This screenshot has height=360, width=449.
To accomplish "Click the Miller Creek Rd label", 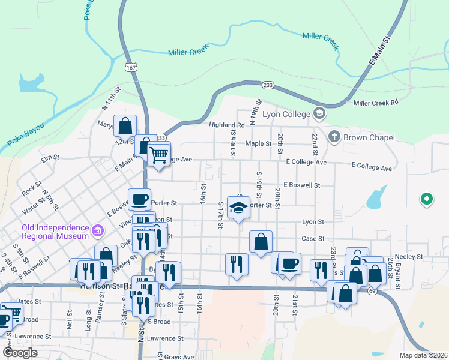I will (376, 103).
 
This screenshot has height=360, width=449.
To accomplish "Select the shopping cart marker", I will (159, 155).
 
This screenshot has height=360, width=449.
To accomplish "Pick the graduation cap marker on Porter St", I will (239, 208).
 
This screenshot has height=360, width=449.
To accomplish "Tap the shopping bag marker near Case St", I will (261, 243).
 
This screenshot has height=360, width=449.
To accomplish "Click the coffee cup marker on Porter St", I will (139, 199).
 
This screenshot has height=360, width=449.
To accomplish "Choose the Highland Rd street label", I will (227, 125).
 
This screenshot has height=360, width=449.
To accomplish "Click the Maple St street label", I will (258, 143).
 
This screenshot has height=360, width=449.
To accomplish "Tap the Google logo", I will (20, 353).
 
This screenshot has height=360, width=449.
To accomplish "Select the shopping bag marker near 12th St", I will (125, 126).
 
